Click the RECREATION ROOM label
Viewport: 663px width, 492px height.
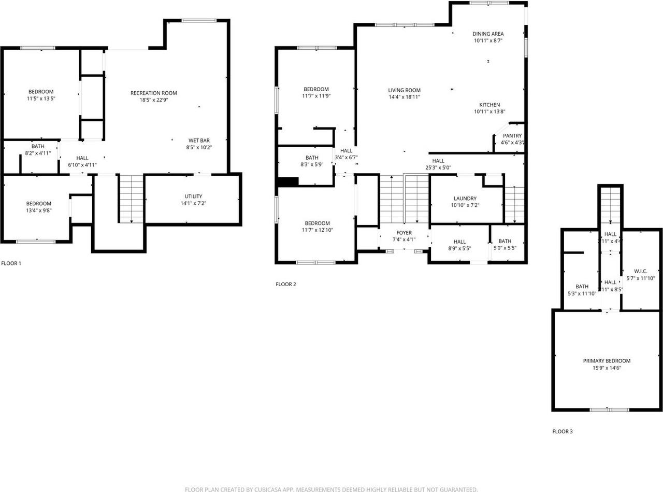tap(154, 93)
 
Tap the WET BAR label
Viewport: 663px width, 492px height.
tap(199, 140)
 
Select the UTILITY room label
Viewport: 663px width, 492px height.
tap(193, 196)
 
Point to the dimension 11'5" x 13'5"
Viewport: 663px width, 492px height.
tap(41, 98)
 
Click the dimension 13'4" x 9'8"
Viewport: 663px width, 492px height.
tap(39, 210)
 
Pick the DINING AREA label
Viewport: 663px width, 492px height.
tap(488, 34)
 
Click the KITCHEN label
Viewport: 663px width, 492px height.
tap(489, 105)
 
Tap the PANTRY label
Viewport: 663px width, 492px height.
tap(512, 136)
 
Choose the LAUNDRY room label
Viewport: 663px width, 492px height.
tap(465, 199)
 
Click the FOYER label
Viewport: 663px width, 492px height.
tap(404, 233)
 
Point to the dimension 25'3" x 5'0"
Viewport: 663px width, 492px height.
tap(439, 167)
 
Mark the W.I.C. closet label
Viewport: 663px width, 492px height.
tap(641, 271)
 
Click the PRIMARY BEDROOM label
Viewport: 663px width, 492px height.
tap(607, 361)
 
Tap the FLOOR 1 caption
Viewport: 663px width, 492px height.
tap(11, 263)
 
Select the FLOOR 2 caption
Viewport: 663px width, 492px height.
tap(285, 284)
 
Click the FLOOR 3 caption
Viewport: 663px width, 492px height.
tap(563, 431)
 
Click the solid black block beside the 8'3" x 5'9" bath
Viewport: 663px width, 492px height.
tap(289, 181)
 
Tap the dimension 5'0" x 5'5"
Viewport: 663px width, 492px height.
tap(505, 248)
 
